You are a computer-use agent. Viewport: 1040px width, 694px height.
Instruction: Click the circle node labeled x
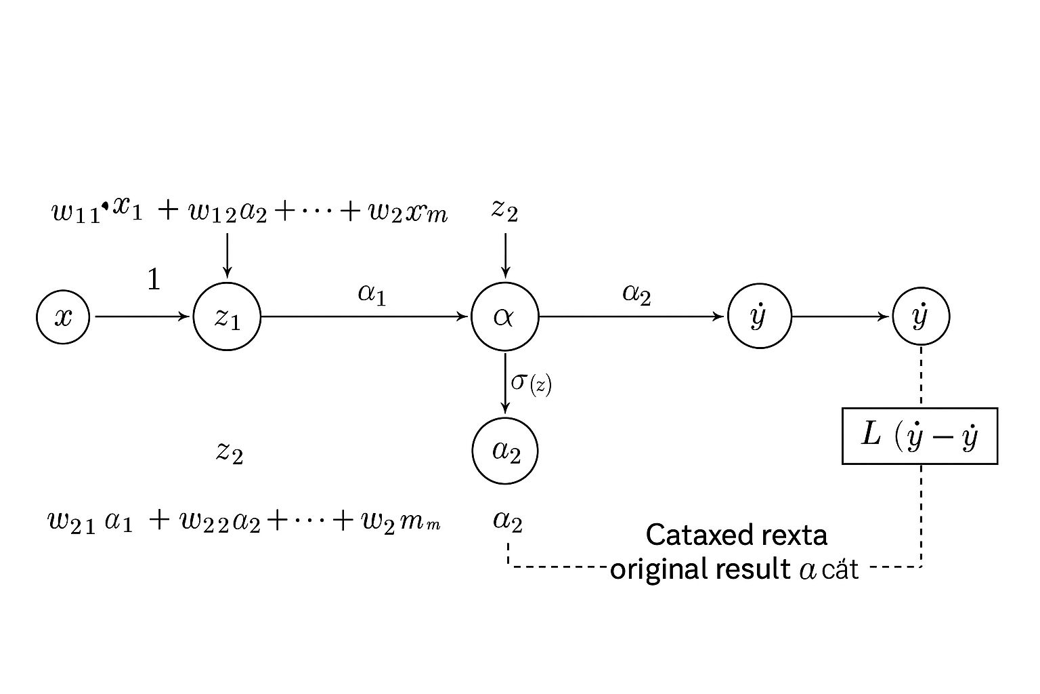coord(63,317)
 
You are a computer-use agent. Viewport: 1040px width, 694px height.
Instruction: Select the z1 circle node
coord(227,317)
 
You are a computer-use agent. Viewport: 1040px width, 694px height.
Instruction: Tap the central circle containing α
coord(504,317)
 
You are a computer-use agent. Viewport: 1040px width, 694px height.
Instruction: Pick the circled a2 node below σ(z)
coord(504,451)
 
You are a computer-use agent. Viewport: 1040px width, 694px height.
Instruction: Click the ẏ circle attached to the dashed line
coord(921,317)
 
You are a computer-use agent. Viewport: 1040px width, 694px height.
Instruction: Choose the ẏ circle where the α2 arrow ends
coord(759,317)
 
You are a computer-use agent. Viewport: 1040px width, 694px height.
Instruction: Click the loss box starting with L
coord(919,436)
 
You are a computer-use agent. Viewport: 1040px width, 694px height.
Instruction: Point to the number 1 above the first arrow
coord(154,279)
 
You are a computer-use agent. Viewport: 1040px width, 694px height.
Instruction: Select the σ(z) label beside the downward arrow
coord(532,383)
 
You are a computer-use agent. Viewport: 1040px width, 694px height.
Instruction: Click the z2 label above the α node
coord(504,211)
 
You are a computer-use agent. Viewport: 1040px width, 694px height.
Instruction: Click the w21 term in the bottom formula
coord(71,522)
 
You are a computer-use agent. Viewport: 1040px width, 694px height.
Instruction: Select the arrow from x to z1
coord(142,317)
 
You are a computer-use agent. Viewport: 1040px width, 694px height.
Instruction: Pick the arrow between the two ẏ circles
coord(840,317)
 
